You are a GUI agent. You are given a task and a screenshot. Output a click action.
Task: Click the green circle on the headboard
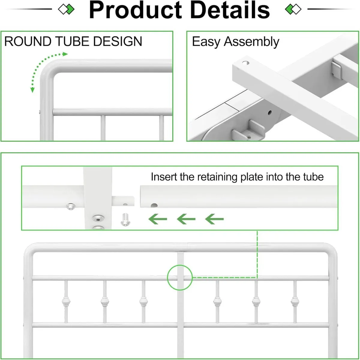tap(180, 277)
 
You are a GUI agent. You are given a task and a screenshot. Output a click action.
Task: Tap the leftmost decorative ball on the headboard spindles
tap(66, 301)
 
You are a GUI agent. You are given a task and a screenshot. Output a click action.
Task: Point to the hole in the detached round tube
tap(154, 206)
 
